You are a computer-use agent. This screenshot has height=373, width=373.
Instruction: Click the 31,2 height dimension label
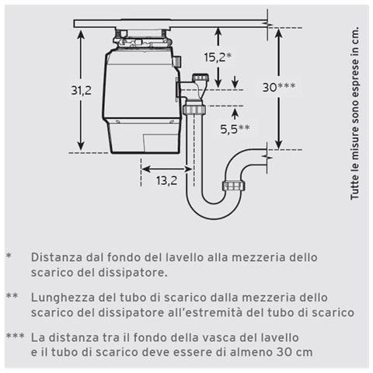pyautogui.click(x=82, y=90)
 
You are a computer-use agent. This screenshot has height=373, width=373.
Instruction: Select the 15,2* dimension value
pyautogui.click(x=218, y=57)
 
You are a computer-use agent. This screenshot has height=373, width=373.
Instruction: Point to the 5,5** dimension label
pyautogui.click(x=234, y=129)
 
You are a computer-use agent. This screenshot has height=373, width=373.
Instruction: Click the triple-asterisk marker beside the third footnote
pyautogui.click(x=15, y=338)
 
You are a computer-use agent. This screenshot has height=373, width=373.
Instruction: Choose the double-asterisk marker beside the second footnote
pyautogui.click(x=12, y=297)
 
